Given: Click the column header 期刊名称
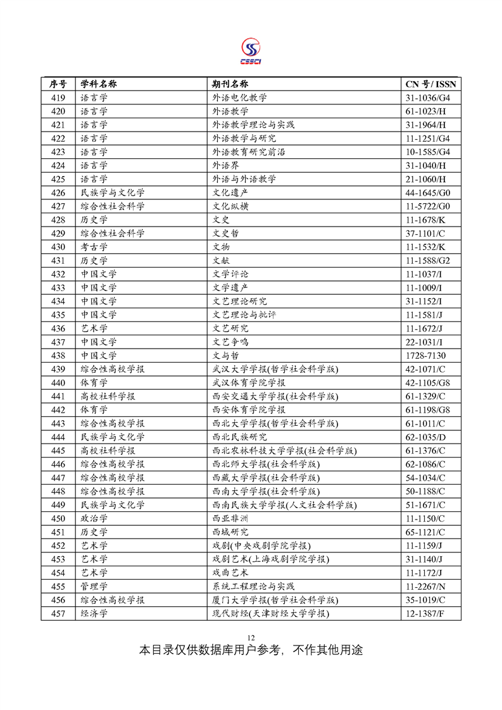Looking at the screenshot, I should click(x=230, y=84).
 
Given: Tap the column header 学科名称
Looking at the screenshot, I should click(x=99, y=84).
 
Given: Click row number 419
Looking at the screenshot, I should click(x=58, y=97).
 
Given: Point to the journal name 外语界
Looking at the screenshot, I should click(x=225, y=165).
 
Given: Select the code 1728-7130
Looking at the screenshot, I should click(x=425, y=355).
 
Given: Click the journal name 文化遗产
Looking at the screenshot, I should click(x=230, y=192).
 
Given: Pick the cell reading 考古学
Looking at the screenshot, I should click(x=94, y=247).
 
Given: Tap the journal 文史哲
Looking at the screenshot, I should click(x=225, y=233).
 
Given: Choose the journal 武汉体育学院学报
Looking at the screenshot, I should click(x=248, y=382).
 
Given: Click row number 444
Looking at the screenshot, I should click(x=58, y=437).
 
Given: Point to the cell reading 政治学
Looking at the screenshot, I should click(x=94, y=518).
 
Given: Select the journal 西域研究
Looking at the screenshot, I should click(x=230, y=532).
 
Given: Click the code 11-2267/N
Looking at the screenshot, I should click(x=426, y=586).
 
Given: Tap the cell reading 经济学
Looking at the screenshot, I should click(x=94, y=613).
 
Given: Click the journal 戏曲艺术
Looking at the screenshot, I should click(x=230, y=572).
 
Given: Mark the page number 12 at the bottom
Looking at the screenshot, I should click(x=251, y=637).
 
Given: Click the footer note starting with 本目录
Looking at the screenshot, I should click(x=251, y=650).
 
